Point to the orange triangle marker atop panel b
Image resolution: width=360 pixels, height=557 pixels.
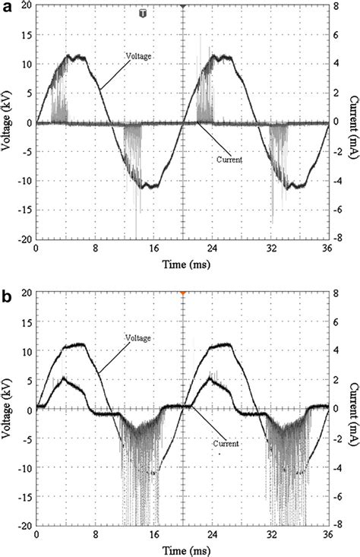tap(182, 293)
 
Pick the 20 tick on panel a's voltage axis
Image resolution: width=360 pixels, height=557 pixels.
tap(25, 5)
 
